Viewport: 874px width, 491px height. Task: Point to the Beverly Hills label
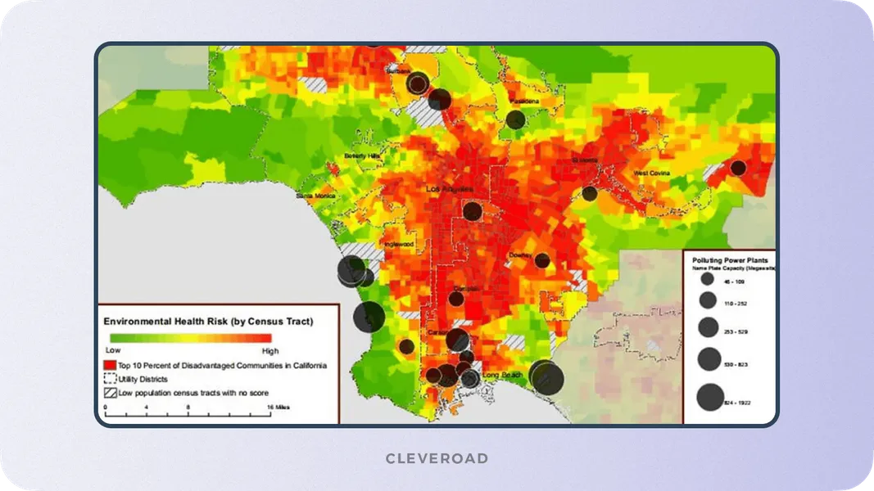coord(362,155)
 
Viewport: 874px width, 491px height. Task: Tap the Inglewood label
coord(399,244)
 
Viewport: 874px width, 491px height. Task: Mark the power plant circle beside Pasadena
coord(515,119)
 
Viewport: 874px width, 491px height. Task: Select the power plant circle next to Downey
coord(542,260)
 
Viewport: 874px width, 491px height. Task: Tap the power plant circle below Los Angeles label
coord(473,211)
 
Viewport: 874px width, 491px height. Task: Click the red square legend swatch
coord(110,365)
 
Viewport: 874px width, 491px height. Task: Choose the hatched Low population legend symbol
coord(110,393)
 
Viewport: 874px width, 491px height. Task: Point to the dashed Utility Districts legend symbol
coord(110,379)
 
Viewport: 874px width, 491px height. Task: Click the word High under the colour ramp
coord(269,350)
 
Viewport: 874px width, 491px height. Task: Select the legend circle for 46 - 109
coord(707,280)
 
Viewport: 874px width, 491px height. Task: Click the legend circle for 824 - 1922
coord(709,399)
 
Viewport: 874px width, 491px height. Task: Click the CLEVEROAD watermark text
coord(437,458)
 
